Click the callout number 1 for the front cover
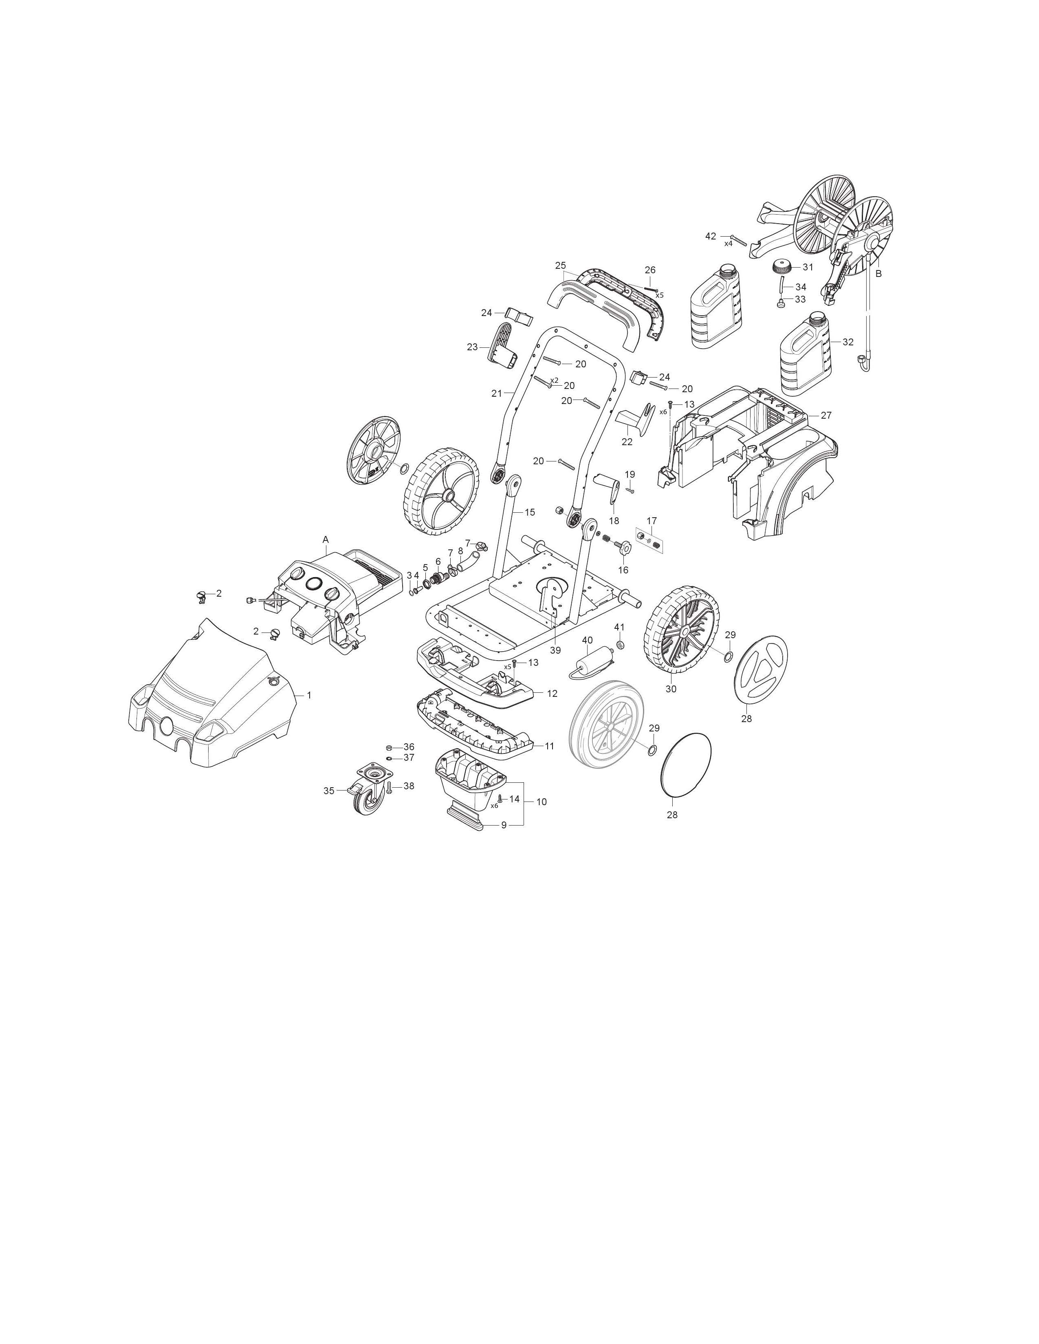[x=309, y=695]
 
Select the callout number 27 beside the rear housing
[x=826, y=415]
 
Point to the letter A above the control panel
[x=326, y=539]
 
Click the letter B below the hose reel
[x=878, y=273]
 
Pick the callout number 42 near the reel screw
[x=711, y=236]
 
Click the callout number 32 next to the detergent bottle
[x=848, y=342]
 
